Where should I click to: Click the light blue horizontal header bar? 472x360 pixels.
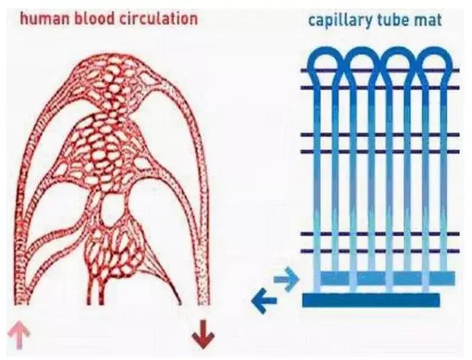tap(386, 278)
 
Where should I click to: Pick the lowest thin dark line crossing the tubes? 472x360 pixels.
tap(376, 250)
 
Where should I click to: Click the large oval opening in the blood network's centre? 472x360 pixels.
tap(113, 209)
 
